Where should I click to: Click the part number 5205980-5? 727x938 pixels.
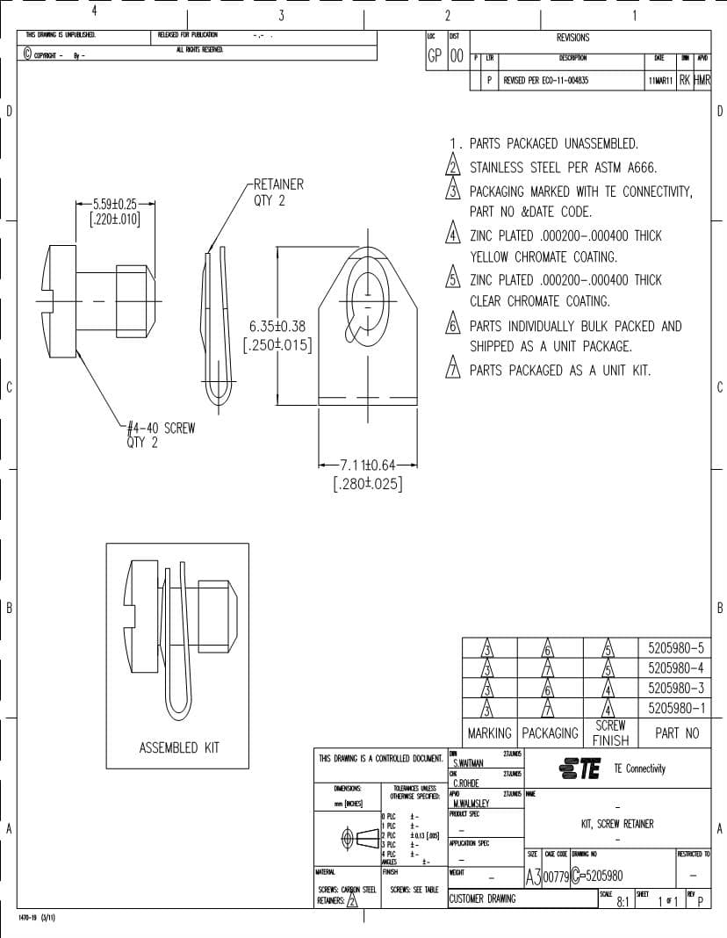coord(675,647)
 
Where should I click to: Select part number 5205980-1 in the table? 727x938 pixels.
coord(675,708)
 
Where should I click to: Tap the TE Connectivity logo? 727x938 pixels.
coord(580,768)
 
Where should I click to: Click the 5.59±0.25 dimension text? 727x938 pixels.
coord(115,204)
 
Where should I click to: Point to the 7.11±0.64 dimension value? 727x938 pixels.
coord(369,465)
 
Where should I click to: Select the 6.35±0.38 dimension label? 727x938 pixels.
coord(277,326)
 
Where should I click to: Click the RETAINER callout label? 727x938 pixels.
coord(278,184)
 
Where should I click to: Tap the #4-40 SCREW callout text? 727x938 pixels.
coord(161,429)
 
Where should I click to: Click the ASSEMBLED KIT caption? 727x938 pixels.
coord(179,747)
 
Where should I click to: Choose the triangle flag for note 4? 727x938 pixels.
coord(453,235)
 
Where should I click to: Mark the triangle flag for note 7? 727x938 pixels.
coord(453,369)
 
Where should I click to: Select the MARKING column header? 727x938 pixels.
coord(489,732)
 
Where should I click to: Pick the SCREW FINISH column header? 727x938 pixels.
coord(610,732)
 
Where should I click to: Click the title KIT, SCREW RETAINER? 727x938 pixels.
coord(617,824)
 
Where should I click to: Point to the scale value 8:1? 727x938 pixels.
coord(623,901)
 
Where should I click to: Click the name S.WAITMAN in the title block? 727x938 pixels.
coord(468,763)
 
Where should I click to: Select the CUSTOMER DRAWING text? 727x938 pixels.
coord(483,898)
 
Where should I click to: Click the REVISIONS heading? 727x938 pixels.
coord(572,38)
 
